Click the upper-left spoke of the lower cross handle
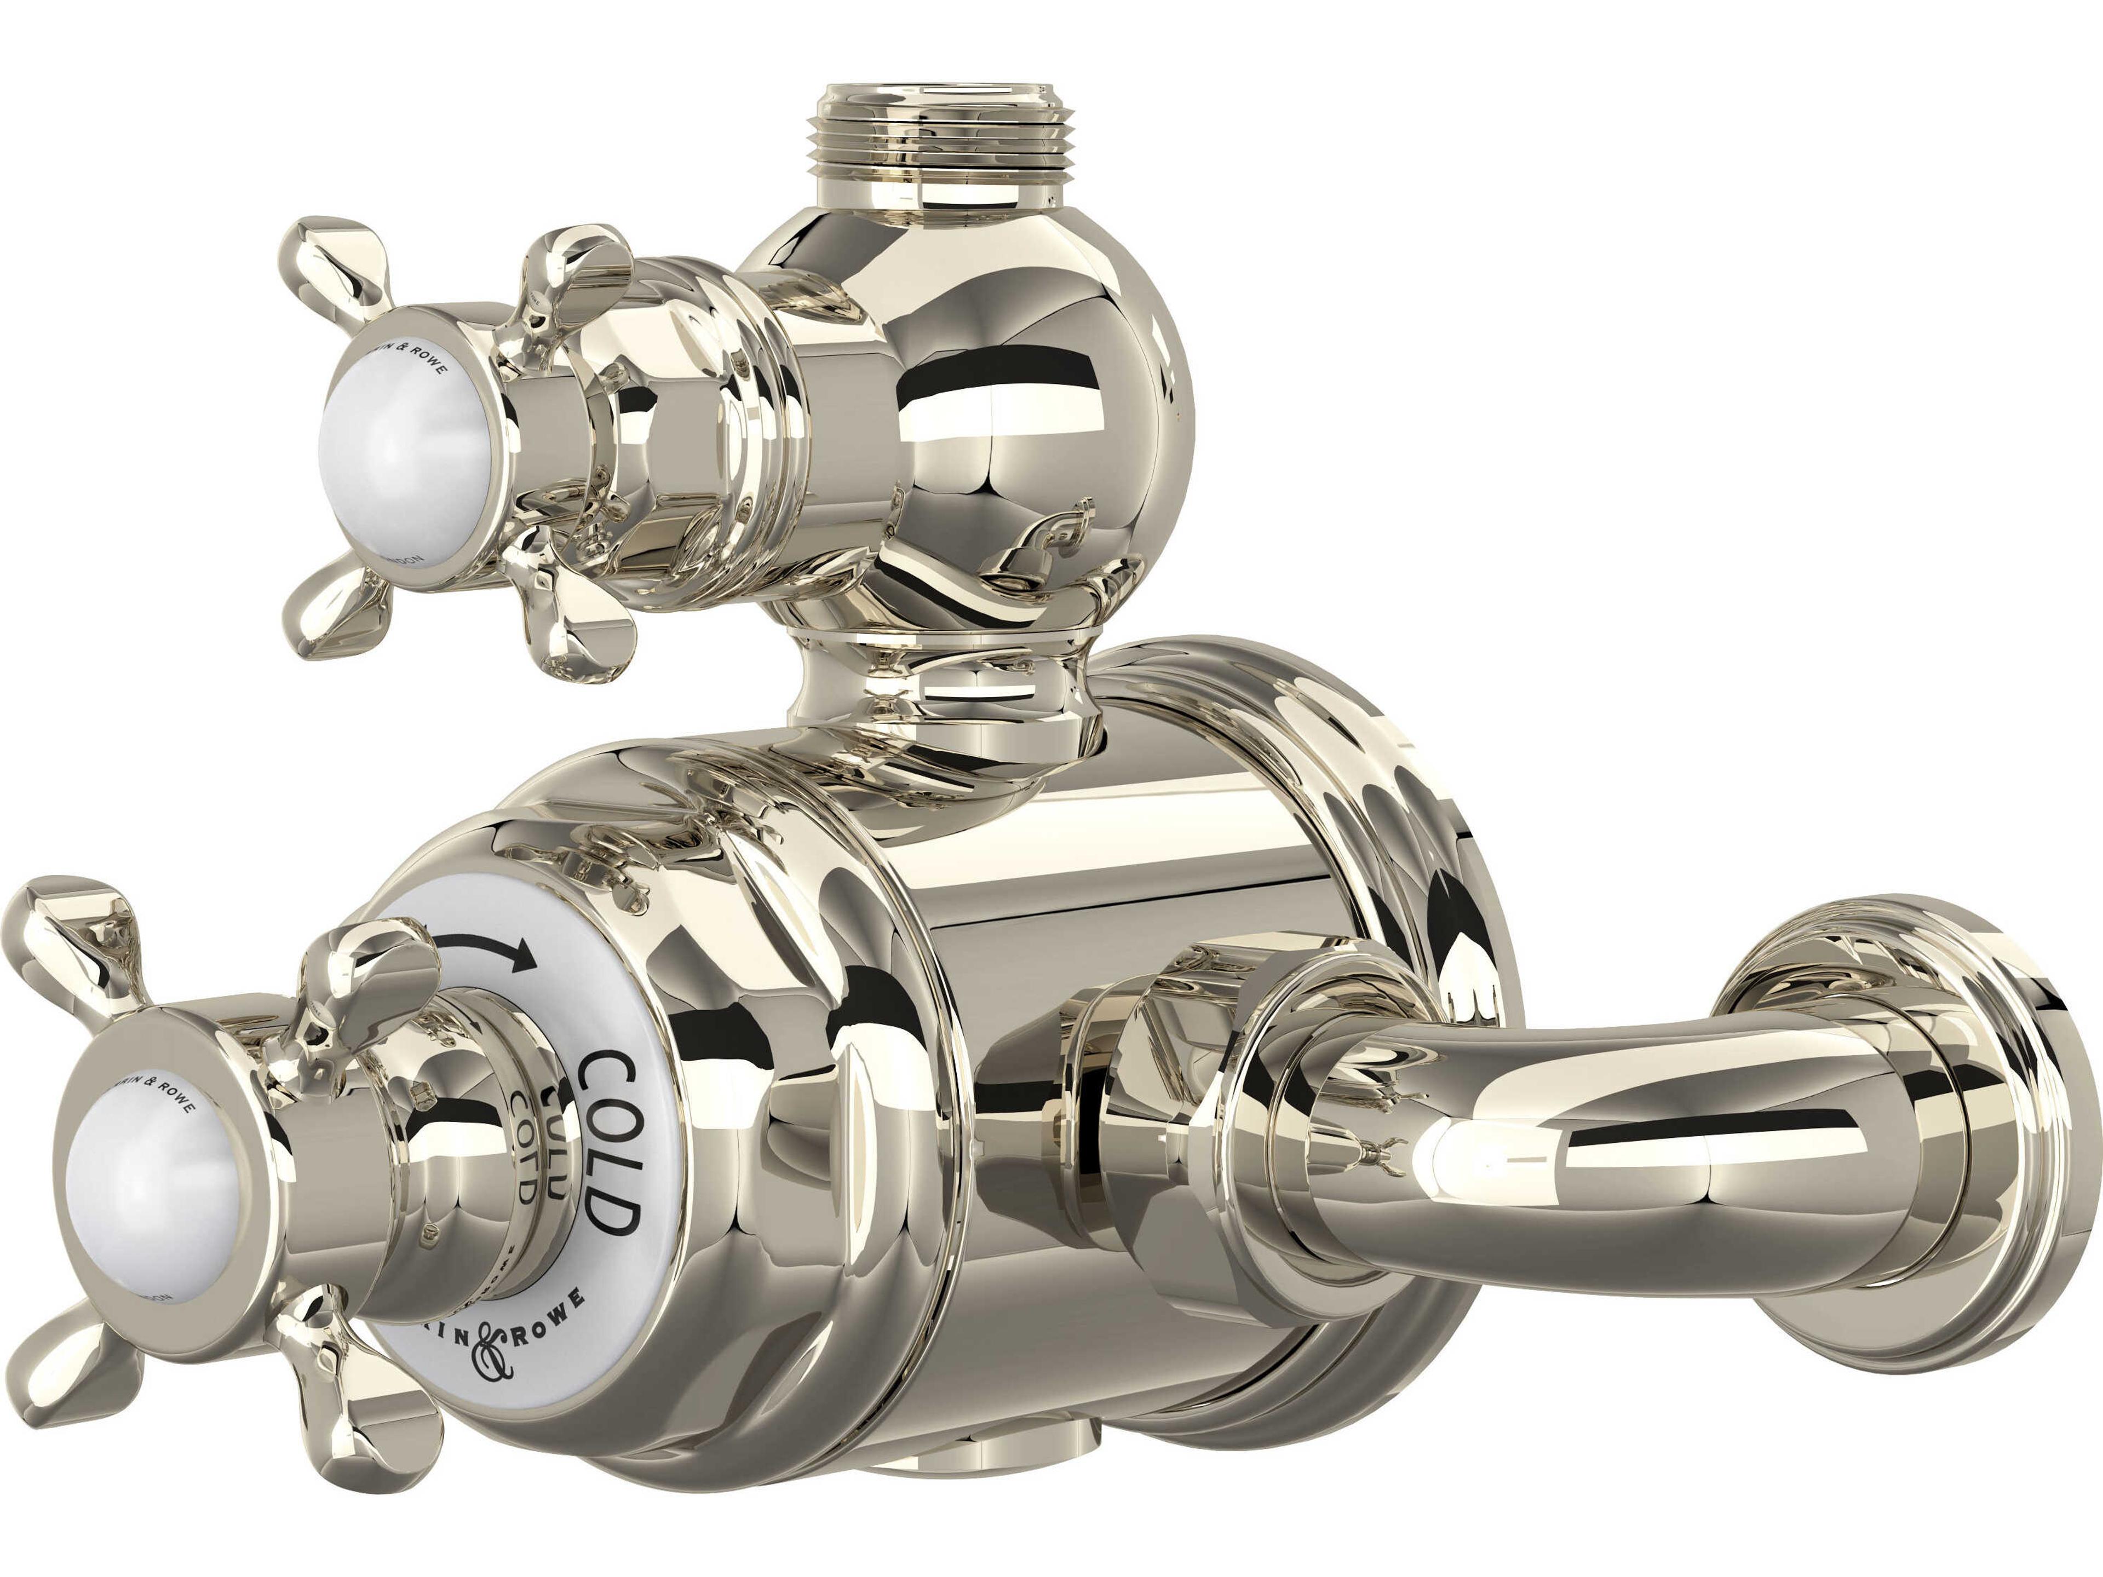tap(71, 931)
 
